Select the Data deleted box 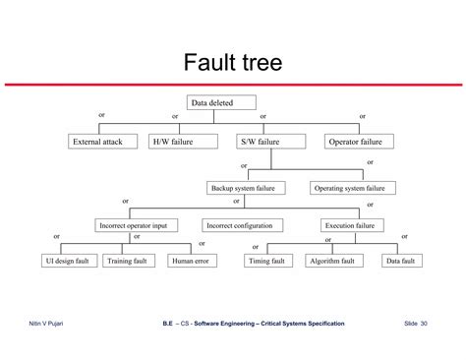[x=221, y=102]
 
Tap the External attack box [x=98, y=142]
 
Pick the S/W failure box [x=262, y=142]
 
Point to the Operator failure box [x=359, y=142]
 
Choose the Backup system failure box [x=248, y=187]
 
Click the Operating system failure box [x=353, y=187]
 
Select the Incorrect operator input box [x=139, y=225]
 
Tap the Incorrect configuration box [x=244, y=225]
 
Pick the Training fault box [x=127, y=261]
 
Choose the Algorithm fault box [x=332, y=261]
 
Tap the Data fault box [x=400, y=261]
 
